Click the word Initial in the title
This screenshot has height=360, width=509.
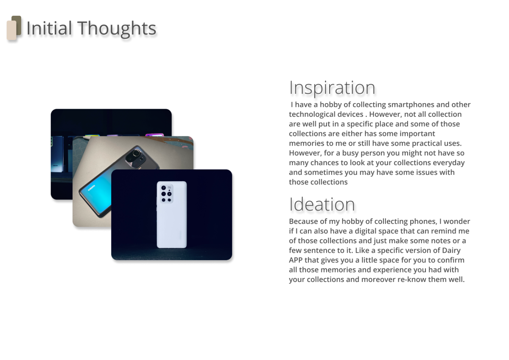click(x=49, y=28)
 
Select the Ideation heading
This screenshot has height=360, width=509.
click(x=322, y=204)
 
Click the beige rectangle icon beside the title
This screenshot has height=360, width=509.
click(x=11, y=31)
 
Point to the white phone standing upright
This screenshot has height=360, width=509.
click(x=172, y=214)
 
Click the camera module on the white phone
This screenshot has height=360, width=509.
click(x=167, y=194)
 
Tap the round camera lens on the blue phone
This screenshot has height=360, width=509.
click(x=136, y=153)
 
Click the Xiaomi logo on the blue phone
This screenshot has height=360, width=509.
click(x=91, y=188)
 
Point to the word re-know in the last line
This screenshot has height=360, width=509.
click(x=412, y=279)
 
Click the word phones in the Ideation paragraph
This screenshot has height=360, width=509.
click(x=423, y=222)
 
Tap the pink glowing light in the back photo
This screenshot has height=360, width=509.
click(x=154, y=135)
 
